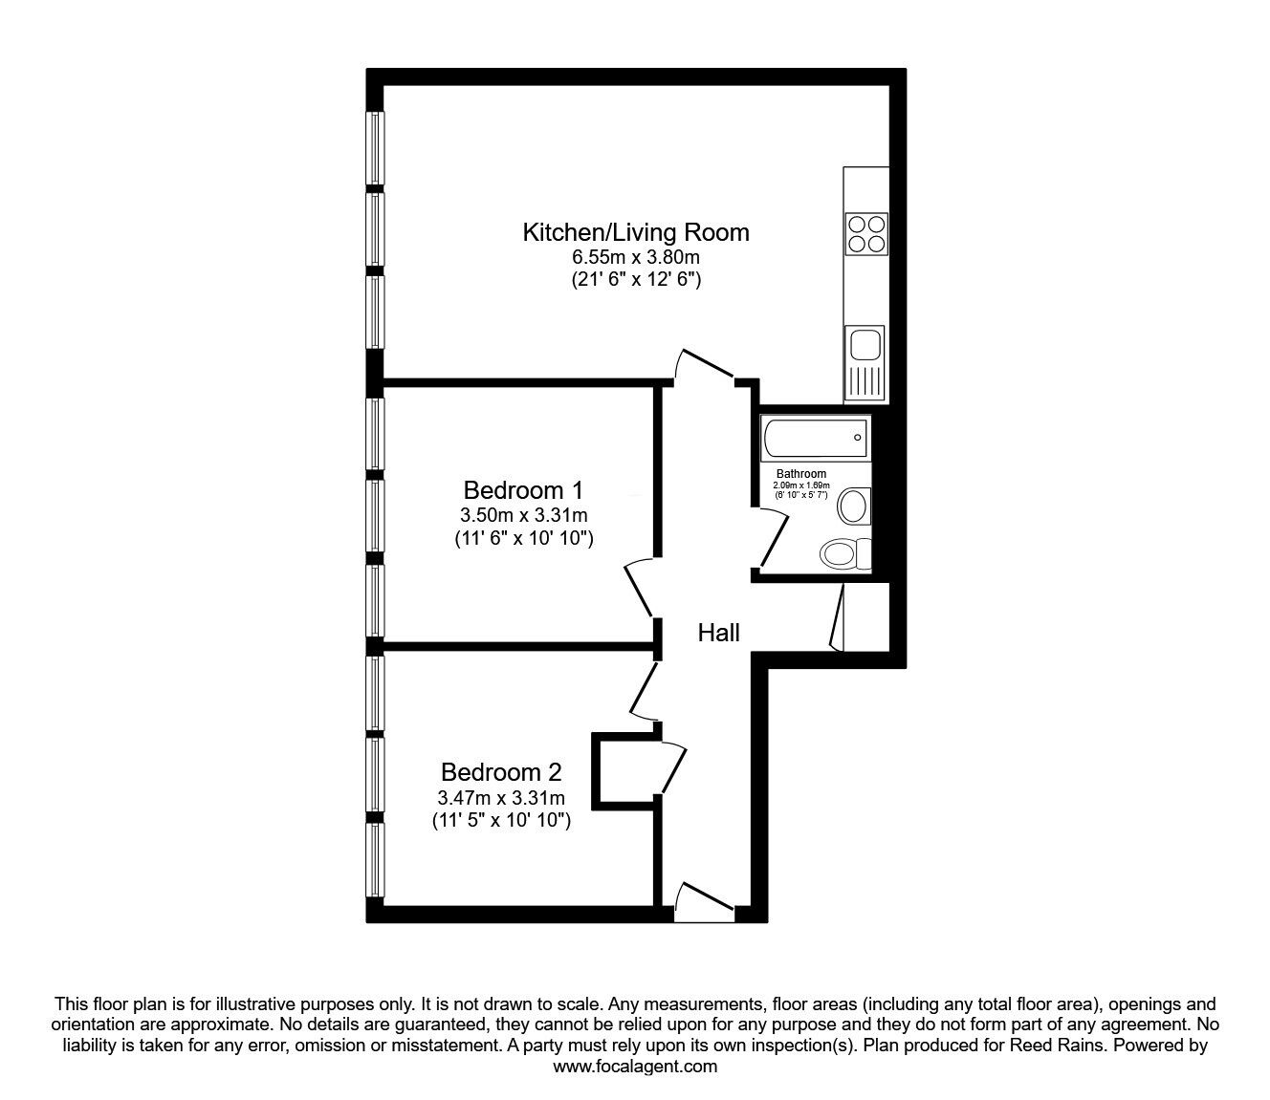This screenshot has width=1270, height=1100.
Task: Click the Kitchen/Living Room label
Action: click(635, 232)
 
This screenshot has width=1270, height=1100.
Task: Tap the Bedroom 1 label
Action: click(523, 490)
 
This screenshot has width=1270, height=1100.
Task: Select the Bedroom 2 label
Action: click(500, 771)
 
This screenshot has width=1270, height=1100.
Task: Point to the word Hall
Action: click(718, 633)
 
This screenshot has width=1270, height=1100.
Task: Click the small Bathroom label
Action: click(800, 474)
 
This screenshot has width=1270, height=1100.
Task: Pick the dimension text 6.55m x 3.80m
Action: click(635, 257)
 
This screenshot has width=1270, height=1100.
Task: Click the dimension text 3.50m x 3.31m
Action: click(523, 515)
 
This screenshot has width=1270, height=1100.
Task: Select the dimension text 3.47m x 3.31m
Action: click(500, 797)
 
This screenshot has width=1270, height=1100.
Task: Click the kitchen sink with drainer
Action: click(865, 363)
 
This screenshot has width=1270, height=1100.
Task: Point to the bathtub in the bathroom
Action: click(816, 438)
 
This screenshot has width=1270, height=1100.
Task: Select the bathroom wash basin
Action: click(853, 506)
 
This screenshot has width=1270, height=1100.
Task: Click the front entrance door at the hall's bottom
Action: click(704, 903)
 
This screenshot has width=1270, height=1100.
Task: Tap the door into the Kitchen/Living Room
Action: click(705, 366)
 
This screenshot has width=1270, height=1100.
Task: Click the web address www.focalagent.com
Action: click(635, 1067)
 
